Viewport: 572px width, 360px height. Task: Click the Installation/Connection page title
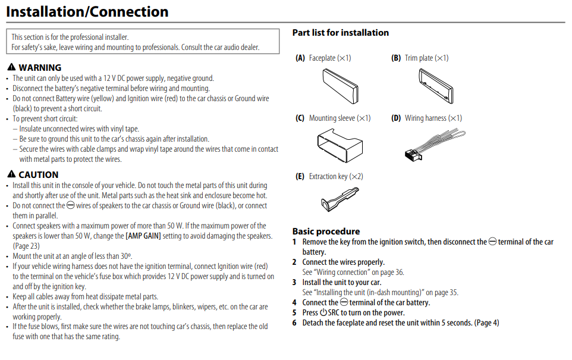[x=87, y=11]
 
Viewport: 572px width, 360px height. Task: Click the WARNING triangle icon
[x=12, y=68]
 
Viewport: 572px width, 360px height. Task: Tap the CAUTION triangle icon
[x=12, y=175]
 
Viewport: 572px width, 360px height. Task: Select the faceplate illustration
[x=341, y=85]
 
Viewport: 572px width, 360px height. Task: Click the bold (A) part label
[x=300, y=58]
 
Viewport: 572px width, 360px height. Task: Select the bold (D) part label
[x=396, y=118]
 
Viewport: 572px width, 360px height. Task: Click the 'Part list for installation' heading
[x=341, y=33]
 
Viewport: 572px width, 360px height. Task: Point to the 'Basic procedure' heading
[x=326, y=231]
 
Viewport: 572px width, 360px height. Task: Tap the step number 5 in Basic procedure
[x=294, y=313]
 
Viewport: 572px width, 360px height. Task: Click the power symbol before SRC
[x=323, y=313]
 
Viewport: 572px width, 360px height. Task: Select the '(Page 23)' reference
[x=26, y=246]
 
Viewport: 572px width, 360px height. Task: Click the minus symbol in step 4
[x=344, y=303]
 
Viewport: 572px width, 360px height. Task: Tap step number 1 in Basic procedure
[x=294, y=242]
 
